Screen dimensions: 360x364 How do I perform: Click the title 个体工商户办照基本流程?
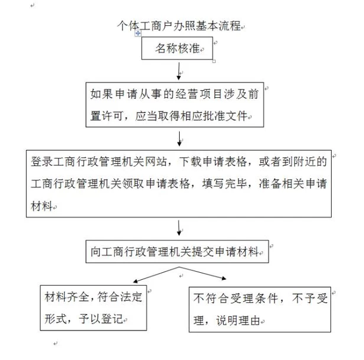[180, 26]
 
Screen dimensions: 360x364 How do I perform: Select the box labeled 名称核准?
[177, 49]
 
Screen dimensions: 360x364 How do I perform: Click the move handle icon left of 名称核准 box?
[138, 34]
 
